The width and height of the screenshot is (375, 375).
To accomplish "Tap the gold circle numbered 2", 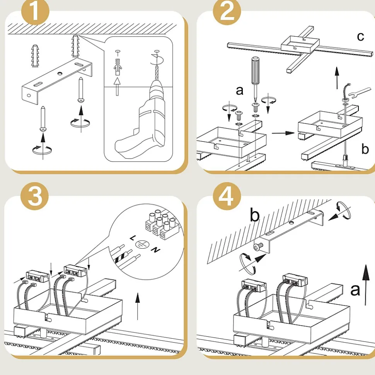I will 227,12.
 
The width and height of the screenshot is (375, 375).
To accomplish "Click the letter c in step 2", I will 360,36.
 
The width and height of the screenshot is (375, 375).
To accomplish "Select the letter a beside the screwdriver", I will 240,90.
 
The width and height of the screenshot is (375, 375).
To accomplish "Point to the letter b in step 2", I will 365,149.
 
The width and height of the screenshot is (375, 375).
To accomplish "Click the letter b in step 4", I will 254,215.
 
